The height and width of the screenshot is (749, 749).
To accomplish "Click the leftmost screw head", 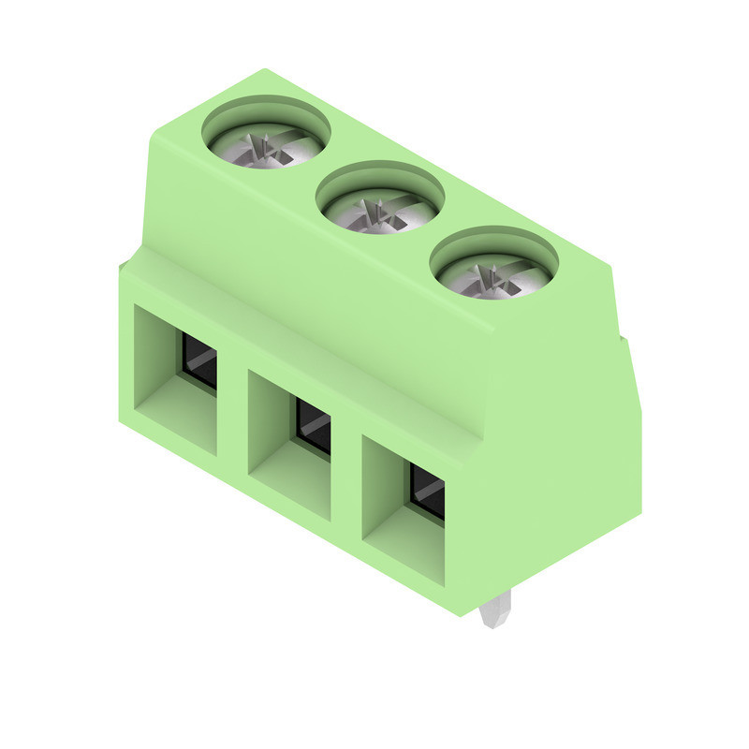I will point(267,147).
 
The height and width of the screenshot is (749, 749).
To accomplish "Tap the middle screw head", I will point(380,213).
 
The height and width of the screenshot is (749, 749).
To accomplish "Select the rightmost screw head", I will point(493,277).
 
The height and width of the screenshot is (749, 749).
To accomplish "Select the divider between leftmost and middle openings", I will point(232,412).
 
